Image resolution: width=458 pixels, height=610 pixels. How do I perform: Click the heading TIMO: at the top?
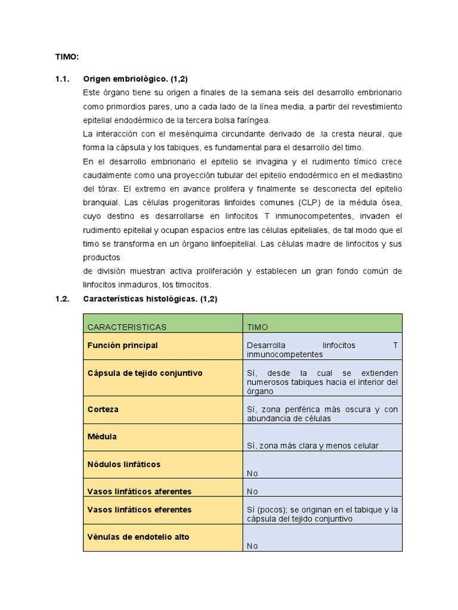(x=67, y=57)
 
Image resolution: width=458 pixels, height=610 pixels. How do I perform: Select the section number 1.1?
(x=63, y=79)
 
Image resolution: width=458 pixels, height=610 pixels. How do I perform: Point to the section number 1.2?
(x=63, y=299)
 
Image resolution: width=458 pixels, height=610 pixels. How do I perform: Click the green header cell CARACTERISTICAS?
(x=126, y=327)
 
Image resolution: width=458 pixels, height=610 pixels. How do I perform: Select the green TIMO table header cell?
(x=258, y=327)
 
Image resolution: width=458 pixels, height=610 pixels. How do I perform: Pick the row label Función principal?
(x=122, y=346)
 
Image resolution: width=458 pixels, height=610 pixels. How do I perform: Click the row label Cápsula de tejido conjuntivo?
(x=145, y=373)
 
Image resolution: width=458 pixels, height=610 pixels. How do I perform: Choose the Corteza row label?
(x=103, y=409)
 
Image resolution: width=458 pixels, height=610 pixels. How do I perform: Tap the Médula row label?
(x=102, y=437)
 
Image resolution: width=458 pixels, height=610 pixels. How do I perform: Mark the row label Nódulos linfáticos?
(x=123, y=464)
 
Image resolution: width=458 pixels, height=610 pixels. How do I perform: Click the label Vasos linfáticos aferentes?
(x=139, y=491)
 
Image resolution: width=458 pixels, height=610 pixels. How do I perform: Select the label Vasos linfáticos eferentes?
(x=139, y=510)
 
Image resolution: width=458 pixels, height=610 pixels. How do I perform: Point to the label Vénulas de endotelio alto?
(x=138, y=537)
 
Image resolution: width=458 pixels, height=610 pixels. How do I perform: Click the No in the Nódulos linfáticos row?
(x=252, y=473)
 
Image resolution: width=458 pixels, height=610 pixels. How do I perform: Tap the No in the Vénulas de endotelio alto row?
(x=252, y=546)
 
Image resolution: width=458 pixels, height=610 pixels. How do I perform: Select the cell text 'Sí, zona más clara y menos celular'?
(x=312, y=446)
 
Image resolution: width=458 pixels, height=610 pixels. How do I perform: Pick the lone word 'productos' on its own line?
(x=101, y=257)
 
